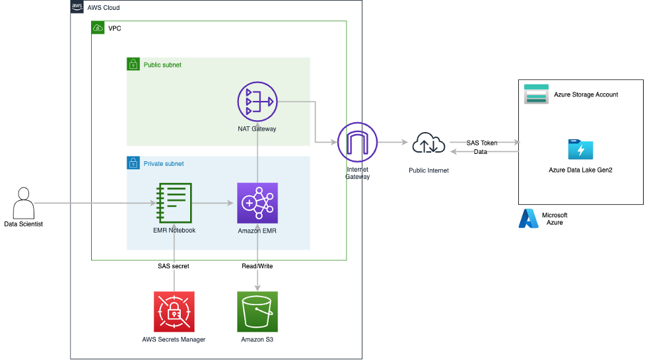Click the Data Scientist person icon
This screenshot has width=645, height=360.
pos(24,203)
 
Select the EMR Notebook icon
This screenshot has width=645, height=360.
pos(174,203)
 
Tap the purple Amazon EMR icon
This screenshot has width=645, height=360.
pos(257,203)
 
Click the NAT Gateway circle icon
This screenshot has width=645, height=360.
pos(257,102)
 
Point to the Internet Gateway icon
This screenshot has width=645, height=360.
pos(357,142)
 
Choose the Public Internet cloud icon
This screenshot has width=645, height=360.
pos(428,143)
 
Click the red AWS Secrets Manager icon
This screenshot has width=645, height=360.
pos(174,312)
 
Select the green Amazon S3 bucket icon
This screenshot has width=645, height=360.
pos(257,312)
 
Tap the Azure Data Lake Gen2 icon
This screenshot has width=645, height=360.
pos(580,149)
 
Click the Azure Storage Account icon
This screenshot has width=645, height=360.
pos(536,94)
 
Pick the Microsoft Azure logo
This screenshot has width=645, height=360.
pos(528,219)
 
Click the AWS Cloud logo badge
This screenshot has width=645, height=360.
pos(77,7)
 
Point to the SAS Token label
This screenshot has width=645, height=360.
pos(483,143)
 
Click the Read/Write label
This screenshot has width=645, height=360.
pos(257,266)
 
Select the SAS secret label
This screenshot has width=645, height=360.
pos(173,266)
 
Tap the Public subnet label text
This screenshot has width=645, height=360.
pos(162,65)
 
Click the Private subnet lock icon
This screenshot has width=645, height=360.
pos(133,163)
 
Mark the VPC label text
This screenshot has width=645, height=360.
pos(116,28)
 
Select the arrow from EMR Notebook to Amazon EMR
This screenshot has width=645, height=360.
pos(214,203)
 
